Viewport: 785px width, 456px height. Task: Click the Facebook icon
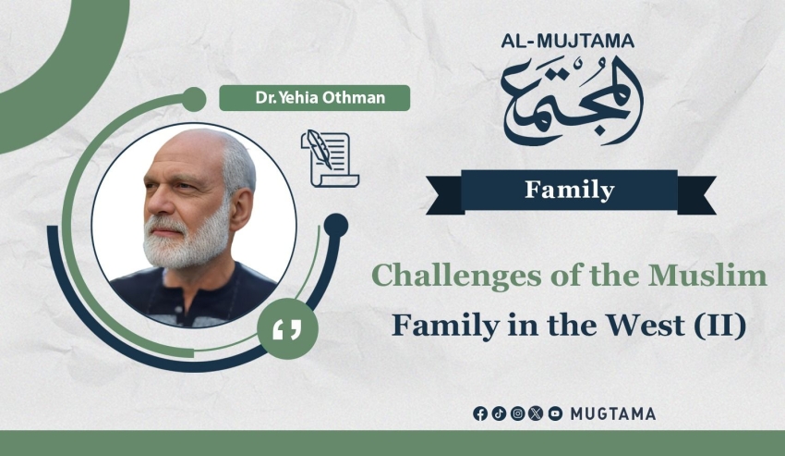(x=480, y=413)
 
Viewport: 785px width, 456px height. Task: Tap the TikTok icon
(x=499, y=413)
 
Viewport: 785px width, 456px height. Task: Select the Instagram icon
(x=518, y=413)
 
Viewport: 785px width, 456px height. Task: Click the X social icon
(x=536, y=413)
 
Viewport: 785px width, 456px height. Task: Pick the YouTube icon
(x=555, y=413)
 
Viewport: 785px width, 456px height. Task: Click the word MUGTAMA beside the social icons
(x=613, y=413)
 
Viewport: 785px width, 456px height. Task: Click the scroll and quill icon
(x=330, y=158)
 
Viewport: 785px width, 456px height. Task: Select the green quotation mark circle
(x=287, y=329)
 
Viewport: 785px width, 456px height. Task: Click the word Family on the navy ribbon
(x=569, y=190)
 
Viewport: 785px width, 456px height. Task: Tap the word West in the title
(x=646, y=325)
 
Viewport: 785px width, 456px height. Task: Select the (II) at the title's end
(x=720, y=326)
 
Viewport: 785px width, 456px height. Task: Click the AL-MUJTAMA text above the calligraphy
(x=568, y=41)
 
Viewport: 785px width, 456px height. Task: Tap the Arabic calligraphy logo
(x=572, y=100)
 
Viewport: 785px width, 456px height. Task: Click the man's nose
(x=153, y=201)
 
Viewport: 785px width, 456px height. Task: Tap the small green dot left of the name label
(x=194, y=99)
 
